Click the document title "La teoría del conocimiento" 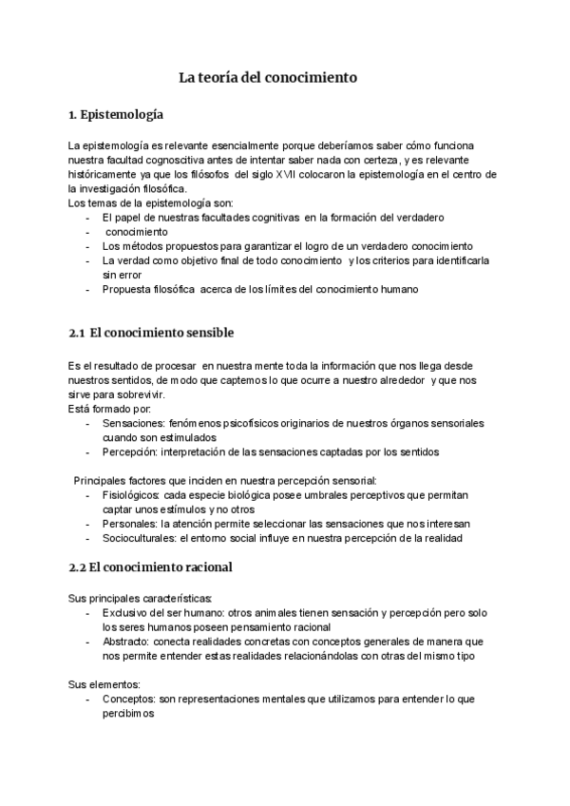point(269,78)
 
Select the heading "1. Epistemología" point(116,116)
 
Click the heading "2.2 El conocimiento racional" point(151,567)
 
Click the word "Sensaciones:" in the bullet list point(132,422)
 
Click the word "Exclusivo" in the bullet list point(126,613)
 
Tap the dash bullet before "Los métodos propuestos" point(88,246)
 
